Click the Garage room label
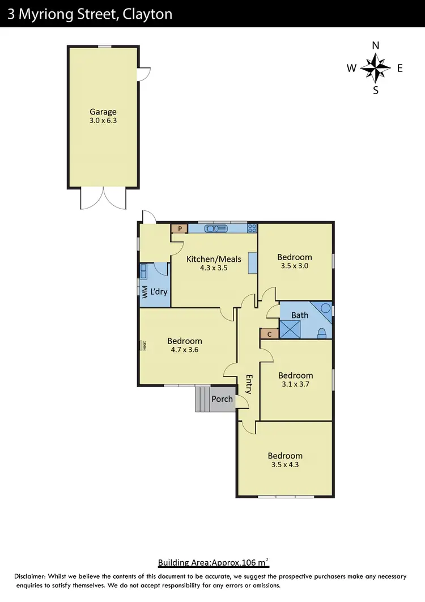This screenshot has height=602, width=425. (x=103, y=112)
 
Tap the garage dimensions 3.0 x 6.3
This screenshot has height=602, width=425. (x=103, y=120)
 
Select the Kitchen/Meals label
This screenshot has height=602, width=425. (x=214, y=259)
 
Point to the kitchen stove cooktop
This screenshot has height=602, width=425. (x=252, y=228)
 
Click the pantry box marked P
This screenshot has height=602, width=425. (x=180, y=228)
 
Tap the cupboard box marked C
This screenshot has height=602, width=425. (x=269, y=334)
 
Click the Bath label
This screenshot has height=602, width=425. (x=300, y=315)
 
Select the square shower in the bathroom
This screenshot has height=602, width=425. (x=291, y=329)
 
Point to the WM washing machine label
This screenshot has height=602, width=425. (x=145, y=292)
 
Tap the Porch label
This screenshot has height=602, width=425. (x=222, y=398)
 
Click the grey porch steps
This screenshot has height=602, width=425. (x=202, y=399)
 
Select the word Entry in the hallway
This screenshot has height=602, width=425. (x=248, y=384)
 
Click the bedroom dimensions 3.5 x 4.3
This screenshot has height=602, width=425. (x=285, y=464)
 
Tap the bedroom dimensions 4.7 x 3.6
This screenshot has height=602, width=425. (x=184, y=350)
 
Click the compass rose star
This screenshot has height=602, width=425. (x=375, y=68)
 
